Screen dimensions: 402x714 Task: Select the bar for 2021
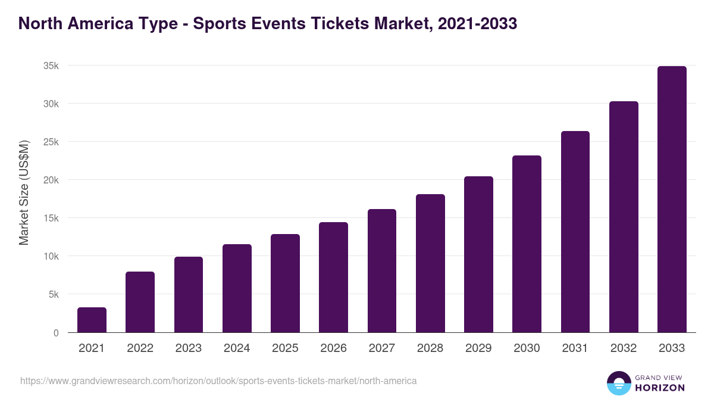(x=92, y=320)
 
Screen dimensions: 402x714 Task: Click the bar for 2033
(x=672, y=200)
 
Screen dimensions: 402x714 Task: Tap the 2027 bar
(x=382, y=271)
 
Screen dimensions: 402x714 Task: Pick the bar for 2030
(x=527, y=244)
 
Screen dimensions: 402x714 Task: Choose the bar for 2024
(x=237, y=289)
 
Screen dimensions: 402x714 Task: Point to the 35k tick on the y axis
(x=51, y=66)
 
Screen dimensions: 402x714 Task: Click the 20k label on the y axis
(x=51, y=180)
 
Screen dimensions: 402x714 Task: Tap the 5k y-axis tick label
(x=54, y=294)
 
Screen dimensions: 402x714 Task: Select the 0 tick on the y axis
(x=56, y=333)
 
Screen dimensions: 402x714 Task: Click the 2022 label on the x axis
(x=140, y=348)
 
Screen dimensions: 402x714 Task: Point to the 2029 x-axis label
(x=478, y=348)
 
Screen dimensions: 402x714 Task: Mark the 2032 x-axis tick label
(x=624, y=348)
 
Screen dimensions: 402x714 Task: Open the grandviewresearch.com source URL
(x=218, y=381)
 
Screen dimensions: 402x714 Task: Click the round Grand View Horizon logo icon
(x=618, y=383)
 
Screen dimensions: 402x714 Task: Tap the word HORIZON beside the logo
(x=659, y=388)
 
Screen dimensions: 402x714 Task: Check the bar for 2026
(x=333, y=278)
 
